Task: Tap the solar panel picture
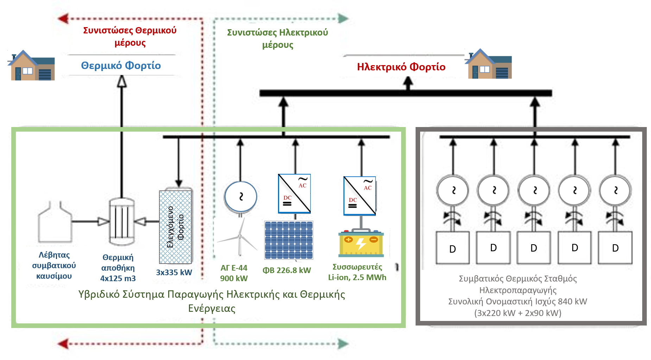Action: pyautogui.click(x=289, y=240)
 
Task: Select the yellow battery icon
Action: pyautogui.click(x=361, y=243)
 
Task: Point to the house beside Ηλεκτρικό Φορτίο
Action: pyautogui.click(x=489, y=64)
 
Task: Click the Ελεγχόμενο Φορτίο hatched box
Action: pyautogui.click(x=175, y=227)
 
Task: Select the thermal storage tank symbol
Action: pyautogui.click(x=121, y=222)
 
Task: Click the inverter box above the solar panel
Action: pyautogui.click(x=294, y=194)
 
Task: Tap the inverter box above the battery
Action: pyautogui.click(x=360, y=196)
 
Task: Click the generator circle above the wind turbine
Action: pyautogui.click(x=241, y=196)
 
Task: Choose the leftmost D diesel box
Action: pyautogui.click(x=453, y=248)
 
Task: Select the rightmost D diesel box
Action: pyautogui.click(x=615, y=248)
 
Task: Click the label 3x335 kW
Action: pyautogui.click(x=174, y=272)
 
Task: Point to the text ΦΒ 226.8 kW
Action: pyautogui.click(x=287, y=270)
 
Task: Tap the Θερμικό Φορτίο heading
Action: pyautogui.click(x=121, y=65)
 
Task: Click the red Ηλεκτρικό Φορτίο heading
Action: pyautogui.click(x=401, y=67)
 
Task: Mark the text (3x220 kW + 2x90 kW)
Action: pyautogui.click(x=518, y=313)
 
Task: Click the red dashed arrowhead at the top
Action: pyautogui.click(x=63, y=18)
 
